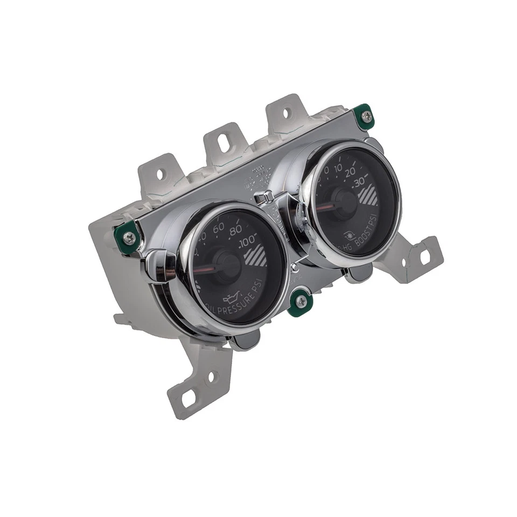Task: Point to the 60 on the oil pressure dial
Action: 218,228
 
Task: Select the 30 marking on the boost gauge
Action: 359,184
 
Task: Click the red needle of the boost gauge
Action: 325,207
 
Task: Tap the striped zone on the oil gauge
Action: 256,256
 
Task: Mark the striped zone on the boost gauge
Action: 367,195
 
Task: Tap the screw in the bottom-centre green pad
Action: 299,302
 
